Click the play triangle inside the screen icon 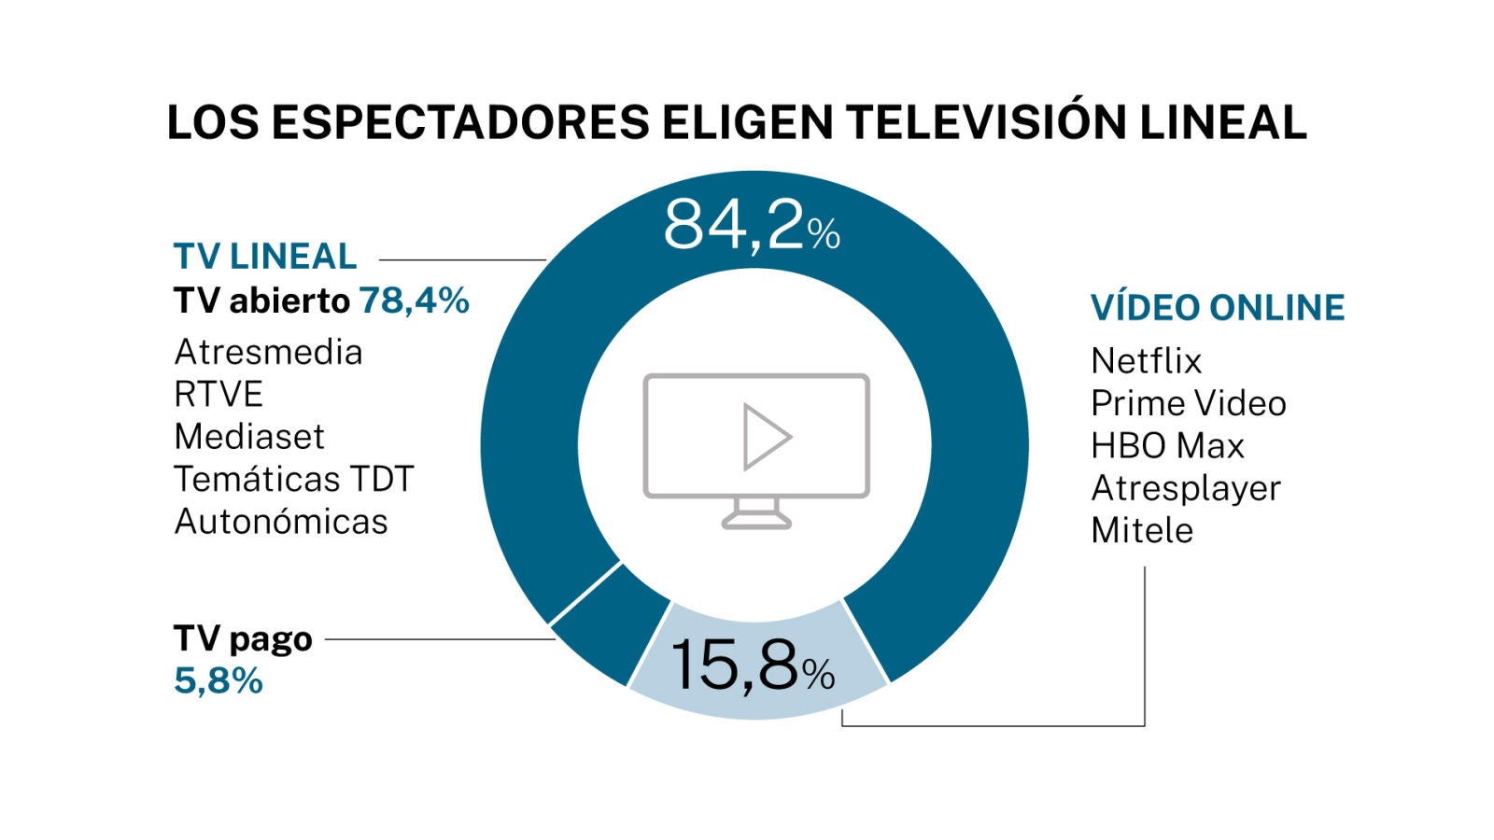tap(765, 436)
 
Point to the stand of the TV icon tap(756, 512)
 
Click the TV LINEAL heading tap(265, 256)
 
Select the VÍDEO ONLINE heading tap(1218, 307)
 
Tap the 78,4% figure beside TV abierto tap(414, 301)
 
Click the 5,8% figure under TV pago tap(218, 680)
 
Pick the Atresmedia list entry tap(268, 352)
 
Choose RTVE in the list tap(218, 394)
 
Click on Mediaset tap(249, 436)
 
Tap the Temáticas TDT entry tap(293, 479)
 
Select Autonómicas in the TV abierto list tap(280, 521)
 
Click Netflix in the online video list tap(1146, 360)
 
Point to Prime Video tap(1188, 403)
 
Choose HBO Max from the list tap(1167, 445)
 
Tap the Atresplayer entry tap(1186, 488)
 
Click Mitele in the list tap(1142, 530)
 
